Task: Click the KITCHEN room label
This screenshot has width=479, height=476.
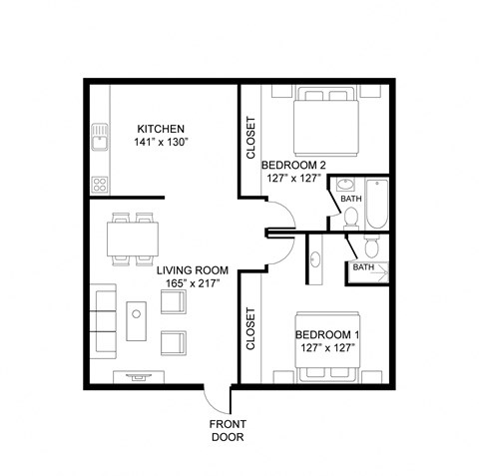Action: click(162, 129)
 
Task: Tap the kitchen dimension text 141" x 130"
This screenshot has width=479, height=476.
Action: click(162, 144)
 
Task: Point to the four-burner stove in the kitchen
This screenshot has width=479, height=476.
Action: click(99, 183)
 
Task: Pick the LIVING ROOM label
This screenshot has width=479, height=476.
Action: click(194, 270)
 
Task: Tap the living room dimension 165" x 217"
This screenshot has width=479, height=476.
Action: click(194, 284)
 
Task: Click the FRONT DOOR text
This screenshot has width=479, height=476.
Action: click(227, 430)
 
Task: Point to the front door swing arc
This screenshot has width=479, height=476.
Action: click(215, 399)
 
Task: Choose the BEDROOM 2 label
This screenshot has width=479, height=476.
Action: click(293, 166)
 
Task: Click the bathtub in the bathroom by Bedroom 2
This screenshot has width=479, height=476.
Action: click(378, 203)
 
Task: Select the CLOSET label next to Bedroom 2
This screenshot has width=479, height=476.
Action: click(250, 140)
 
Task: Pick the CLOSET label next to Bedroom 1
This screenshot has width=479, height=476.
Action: click(250, 330)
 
